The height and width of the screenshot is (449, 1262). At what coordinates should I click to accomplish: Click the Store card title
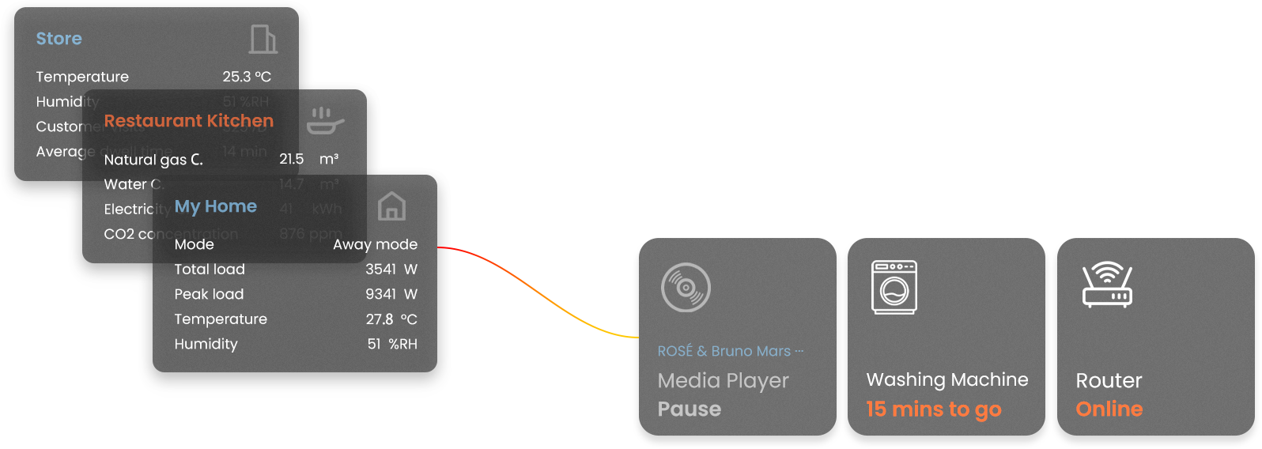(59, 39)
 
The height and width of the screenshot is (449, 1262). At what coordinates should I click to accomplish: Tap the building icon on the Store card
(263, 39)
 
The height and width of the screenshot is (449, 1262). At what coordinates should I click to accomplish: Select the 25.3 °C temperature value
(246, 77)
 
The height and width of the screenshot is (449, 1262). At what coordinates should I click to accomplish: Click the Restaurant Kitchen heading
(188, 121)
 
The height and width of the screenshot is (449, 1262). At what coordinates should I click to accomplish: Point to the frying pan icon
(324, 121)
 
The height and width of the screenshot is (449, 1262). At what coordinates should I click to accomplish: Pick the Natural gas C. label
(153, 160)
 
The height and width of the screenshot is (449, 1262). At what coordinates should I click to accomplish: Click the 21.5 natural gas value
(291, 159)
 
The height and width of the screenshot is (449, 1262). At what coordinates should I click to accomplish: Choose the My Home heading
(215, 206)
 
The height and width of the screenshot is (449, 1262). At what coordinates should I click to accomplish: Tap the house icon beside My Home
(391, 206)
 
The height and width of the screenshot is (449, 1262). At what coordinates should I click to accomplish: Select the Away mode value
(375, 244)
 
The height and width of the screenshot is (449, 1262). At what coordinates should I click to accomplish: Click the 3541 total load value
(380, 270)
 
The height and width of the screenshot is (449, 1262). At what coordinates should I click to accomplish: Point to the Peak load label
(209, 294)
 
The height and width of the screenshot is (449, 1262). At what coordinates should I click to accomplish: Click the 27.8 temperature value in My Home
(380, 319)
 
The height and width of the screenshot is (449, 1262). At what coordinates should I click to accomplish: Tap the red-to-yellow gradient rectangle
(544, 292)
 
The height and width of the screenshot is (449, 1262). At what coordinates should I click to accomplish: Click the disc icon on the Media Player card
(686, 288)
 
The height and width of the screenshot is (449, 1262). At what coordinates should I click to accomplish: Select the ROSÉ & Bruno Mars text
(724, 351)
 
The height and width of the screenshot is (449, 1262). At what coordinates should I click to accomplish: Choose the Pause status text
(690, 409)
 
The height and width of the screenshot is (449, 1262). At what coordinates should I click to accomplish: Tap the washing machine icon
(894, 287)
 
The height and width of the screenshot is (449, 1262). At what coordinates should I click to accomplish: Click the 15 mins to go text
(933, 409)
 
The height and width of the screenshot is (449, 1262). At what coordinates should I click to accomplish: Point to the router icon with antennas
(1107, 285)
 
